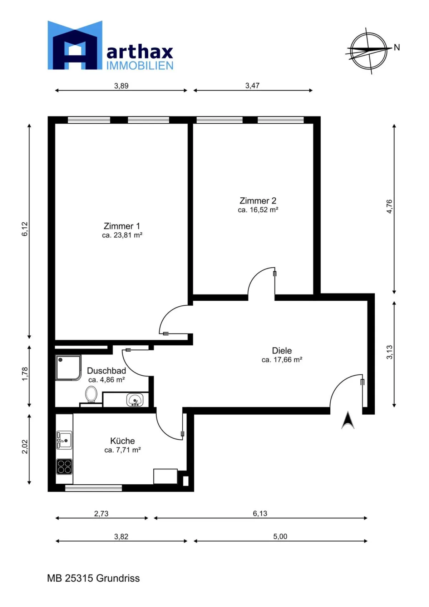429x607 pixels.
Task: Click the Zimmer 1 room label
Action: coord(122,226)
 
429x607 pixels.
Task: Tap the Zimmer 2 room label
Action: coord(258,201)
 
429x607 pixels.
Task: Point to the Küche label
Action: coord(123,441)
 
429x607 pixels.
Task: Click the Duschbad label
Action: coord(106,370)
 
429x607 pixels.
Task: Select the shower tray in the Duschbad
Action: coord(68,368)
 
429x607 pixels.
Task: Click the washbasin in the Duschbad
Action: coord(135,400)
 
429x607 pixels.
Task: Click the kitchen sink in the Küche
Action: coord(64,440)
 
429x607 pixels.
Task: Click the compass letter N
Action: coord(397,48)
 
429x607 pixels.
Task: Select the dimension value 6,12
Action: coord(25,229)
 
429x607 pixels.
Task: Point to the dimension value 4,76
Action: coord(389,207)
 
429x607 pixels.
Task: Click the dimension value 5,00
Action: coord(280,536)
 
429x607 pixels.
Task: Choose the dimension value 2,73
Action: coord(101,513)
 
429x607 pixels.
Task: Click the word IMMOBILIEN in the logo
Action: coord(140,65)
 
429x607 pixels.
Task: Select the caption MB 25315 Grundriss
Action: coord(94,578)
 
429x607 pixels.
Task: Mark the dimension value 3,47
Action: coord(252,86)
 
